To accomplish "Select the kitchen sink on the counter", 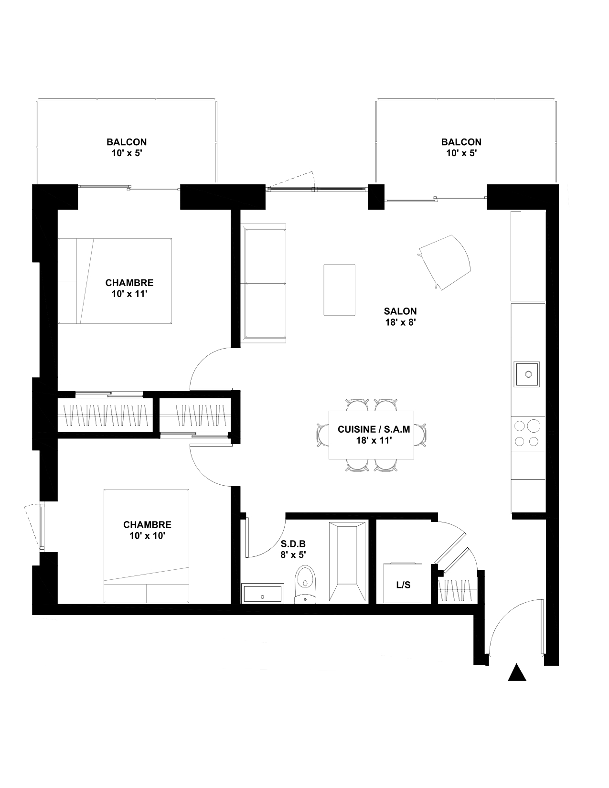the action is click(526, 374).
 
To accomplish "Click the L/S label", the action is click(403, 585).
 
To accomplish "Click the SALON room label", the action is click(400, 311).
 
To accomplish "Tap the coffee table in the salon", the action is click(339, 290).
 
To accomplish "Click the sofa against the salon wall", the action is click(263, 283).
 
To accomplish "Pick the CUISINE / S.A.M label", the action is click(374, 429).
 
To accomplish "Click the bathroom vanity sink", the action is click(263, 594).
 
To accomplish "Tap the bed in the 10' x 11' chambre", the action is click(115, 281).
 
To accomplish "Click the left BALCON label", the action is click(127, 142).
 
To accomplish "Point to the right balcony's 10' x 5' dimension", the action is click(461, 153).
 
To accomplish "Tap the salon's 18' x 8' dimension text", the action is click(400, 322).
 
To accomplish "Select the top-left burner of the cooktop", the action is click(520, 426).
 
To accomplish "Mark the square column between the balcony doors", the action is click(376, 197).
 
